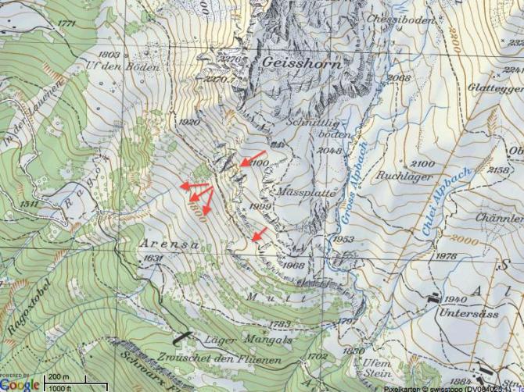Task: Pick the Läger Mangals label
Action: (237, 340)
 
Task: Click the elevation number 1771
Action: (66, 23)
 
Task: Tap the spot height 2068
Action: (399, 77)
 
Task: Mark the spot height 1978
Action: (446, 256)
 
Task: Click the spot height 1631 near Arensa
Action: (154, 258)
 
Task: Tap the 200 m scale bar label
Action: (58, 378)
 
